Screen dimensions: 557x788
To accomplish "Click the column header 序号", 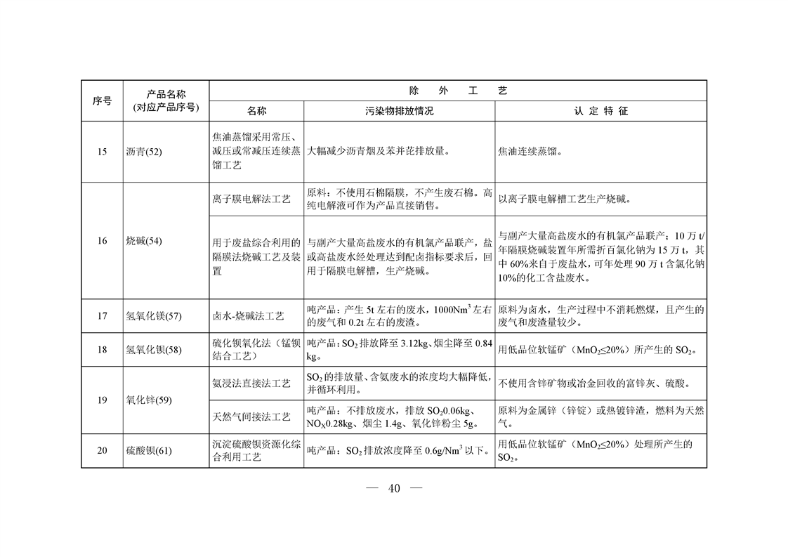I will click(102, 100).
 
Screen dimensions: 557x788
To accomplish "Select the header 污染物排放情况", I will click(399, 111).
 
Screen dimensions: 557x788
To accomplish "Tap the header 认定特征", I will click(600, 111).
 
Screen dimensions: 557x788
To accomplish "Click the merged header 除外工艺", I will click(458, 91).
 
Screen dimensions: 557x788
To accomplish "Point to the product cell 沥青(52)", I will click(143, 151).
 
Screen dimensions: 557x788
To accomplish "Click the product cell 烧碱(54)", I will click(143, 241).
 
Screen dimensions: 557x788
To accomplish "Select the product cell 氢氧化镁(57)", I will click(153, 316).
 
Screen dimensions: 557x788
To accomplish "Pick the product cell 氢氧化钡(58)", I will click(153, 349).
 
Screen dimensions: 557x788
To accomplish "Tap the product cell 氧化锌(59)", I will click(148, 400).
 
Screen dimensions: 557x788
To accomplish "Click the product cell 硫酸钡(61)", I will click(148, 450).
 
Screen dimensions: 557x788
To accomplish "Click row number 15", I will click(102, 151).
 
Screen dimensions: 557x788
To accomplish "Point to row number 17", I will click(102, 316).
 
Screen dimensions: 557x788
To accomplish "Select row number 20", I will click(102, 450).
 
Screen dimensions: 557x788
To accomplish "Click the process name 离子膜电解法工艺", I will click(251, 199).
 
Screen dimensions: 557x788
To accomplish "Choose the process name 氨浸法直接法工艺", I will click(251, 384).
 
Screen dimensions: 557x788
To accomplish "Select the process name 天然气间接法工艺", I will click(251, 417).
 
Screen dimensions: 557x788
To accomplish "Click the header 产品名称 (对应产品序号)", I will click(166, 100).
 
